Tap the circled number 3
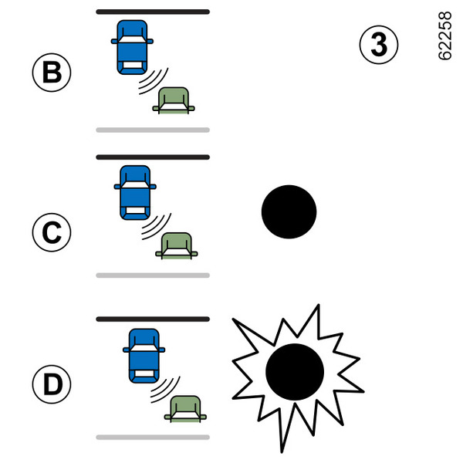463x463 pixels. [379, 46]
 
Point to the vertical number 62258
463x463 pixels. [444, 37]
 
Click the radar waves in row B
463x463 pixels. [154, 80]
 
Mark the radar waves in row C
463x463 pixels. [157, 225]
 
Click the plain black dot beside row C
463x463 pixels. [289, 211]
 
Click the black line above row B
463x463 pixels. [153, 12]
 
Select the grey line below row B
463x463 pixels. [153, 130]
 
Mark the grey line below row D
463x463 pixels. [153, 437]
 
